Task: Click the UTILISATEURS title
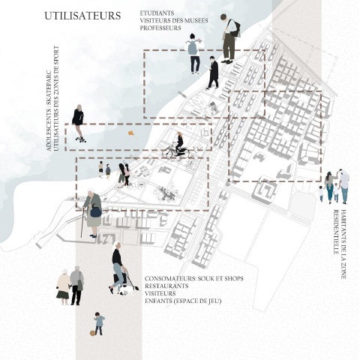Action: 82,16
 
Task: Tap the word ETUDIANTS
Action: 157,13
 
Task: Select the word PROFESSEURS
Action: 160,28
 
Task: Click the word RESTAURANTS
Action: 166,286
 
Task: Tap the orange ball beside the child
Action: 92,333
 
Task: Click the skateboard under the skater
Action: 81,139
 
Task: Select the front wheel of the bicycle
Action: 167,153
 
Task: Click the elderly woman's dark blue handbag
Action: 96,212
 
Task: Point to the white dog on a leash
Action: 127,290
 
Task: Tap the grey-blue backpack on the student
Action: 193,47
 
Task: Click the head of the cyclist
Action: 179,134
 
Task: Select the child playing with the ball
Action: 99,323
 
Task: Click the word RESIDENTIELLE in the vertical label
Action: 337,232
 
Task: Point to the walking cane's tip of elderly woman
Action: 81,237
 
